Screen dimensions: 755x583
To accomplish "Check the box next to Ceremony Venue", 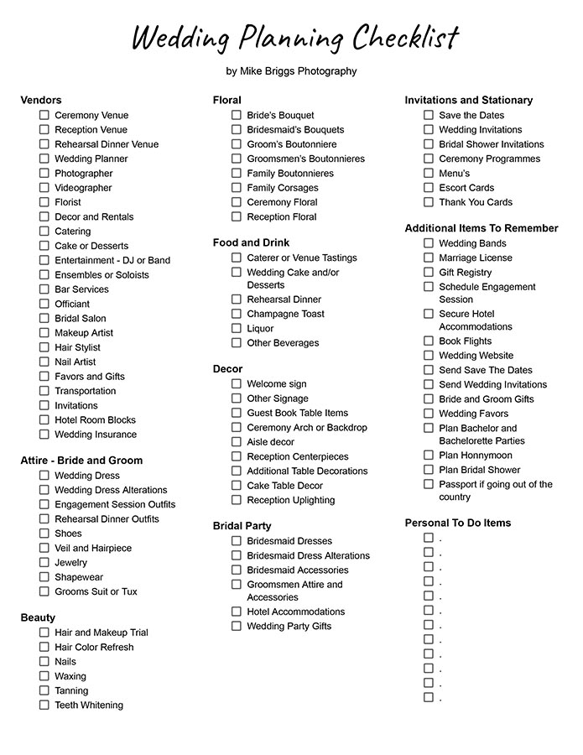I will (x=44, y=115).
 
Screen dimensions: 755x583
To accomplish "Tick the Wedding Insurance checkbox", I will (x=44, y=435).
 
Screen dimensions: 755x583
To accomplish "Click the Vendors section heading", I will (x=41, y=100).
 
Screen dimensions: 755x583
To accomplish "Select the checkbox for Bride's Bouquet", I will (x=237, y=115).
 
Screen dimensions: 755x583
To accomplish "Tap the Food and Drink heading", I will (x=251, y=242).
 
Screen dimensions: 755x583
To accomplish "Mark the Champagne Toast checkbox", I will (x=237, y=314).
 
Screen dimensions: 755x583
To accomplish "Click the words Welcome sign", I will (x=277, y=384).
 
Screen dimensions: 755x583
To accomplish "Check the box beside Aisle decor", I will (x=237, y=442).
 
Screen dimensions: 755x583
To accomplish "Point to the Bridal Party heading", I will (x=242, y=526).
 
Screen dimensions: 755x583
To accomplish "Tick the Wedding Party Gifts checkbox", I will (x=237, y=626).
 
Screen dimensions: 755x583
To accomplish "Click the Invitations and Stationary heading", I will (x=468, y=100).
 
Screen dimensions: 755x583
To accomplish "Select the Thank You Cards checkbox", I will (x=429, y=202).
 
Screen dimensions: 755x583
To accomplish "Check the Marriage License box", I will (x=429, y=258).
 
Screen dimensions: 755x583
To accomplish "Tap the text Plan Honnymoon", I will (x=476, y=456).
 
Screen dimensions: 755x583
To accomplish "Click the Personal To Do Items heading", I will (x=457, y=523).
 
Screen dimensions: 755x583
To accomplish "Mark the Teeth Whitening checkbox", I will (x=44, y=705).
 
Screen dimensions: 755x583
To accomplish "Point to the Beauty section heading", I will (x=38, y=617).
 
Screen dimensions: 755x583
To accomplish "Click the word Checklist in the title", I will (x=405, y=39).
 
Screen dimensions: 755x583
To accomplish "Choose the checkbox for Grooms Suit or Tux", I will (x=44, y=591).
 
